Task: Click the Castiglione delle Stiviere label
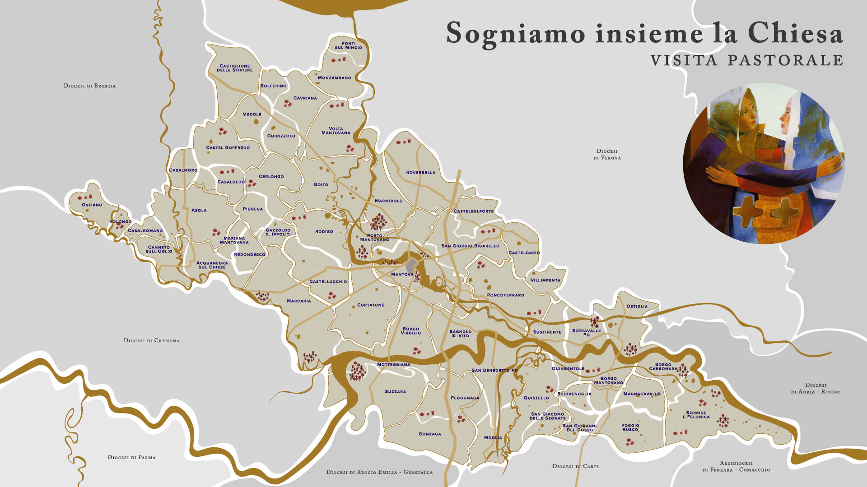coord(235,68)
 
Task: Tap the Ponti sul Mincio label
coord(348,46)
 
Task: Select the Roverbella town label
coord(420,172)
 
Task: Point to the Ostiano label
coord(92,205)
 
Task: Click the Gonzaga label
coord(429,434)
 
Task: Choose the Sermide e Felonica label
coord(696,415)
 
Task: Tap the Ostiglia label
coord(637,306)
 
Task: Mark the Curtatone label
coord(370,305)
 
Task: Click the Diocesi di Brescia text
coord(89,86)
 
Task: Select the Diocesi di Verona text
coord(607,154)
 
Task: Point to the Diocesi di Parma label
coord(131,457)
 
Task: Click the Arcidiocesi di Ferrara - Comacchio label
coord(736,466)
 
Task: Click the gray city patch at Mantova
coord(411,266)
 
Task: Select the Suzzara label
coord(395,392)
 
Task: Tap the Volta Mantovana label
coord(336,131)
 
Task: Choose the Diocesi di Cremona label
coord(151,340)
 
